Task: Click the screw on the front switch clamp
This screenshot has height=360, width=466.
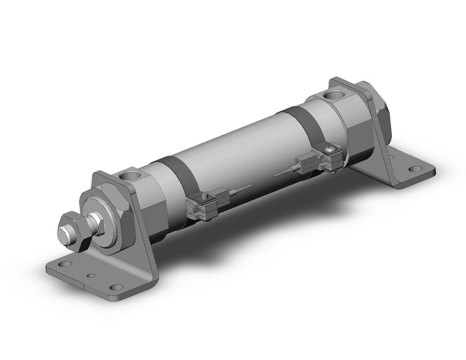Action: click(201, 199)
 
